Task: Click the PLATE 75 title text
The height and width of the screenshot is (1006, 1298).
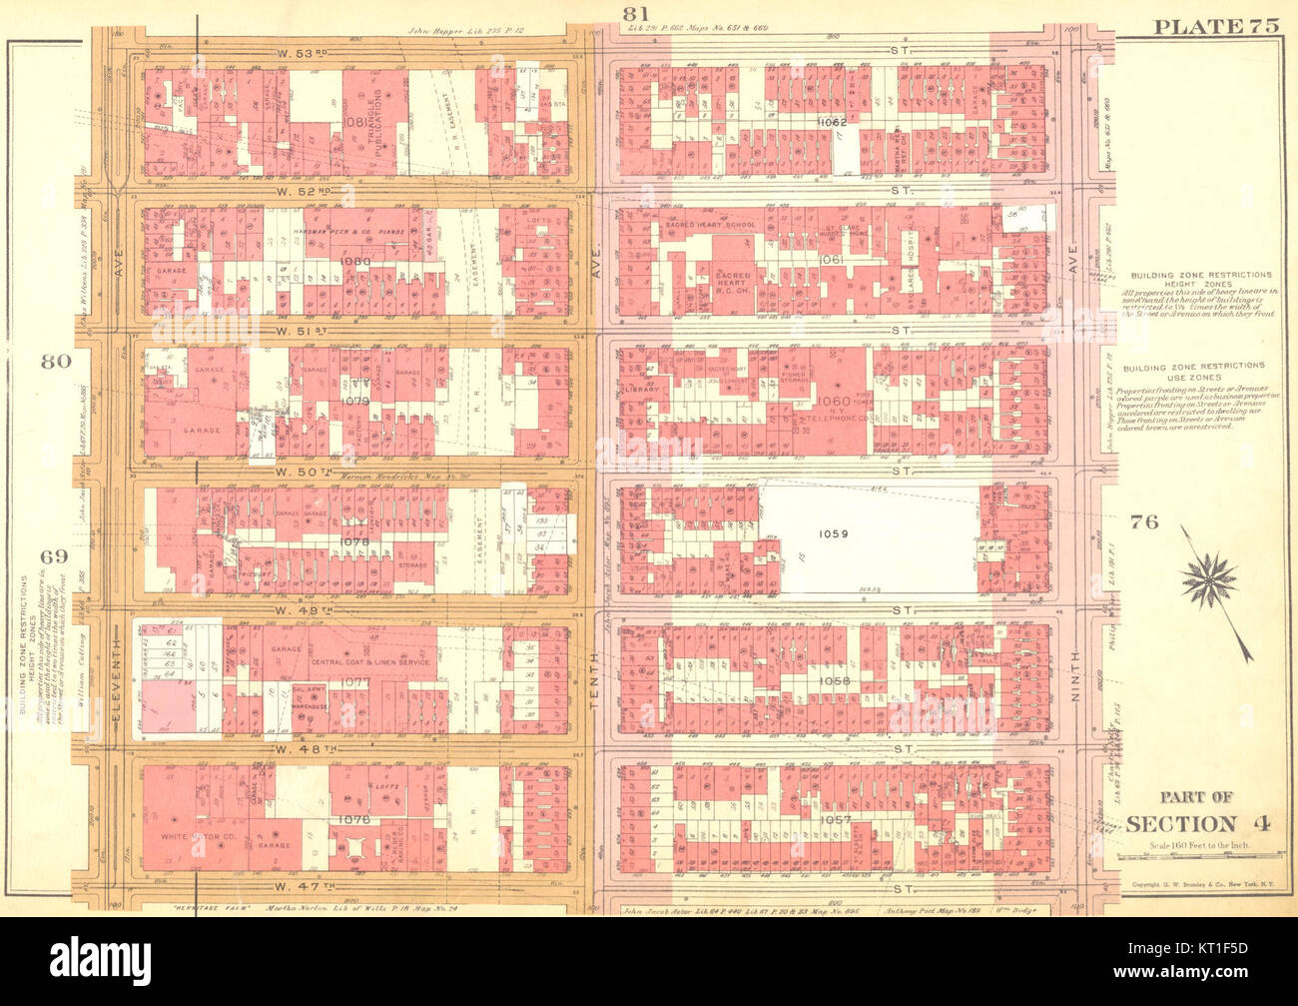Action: (x=1215, y=26)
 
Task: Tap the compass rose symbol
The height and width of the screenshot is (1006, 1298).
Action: (x=1208, y=578)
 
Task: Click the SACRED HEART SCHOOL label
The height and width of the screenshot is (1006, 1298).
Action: (x=710, y=225)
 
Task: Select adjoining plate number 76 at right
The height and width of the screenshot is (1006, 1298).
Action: (x=1144, y=520)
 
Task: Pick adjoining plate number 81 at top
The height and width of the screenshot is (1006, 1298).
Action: (x=636, y=13)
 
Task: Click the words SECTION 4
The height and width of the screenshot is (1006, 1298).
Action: (x=1182, y=823)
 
